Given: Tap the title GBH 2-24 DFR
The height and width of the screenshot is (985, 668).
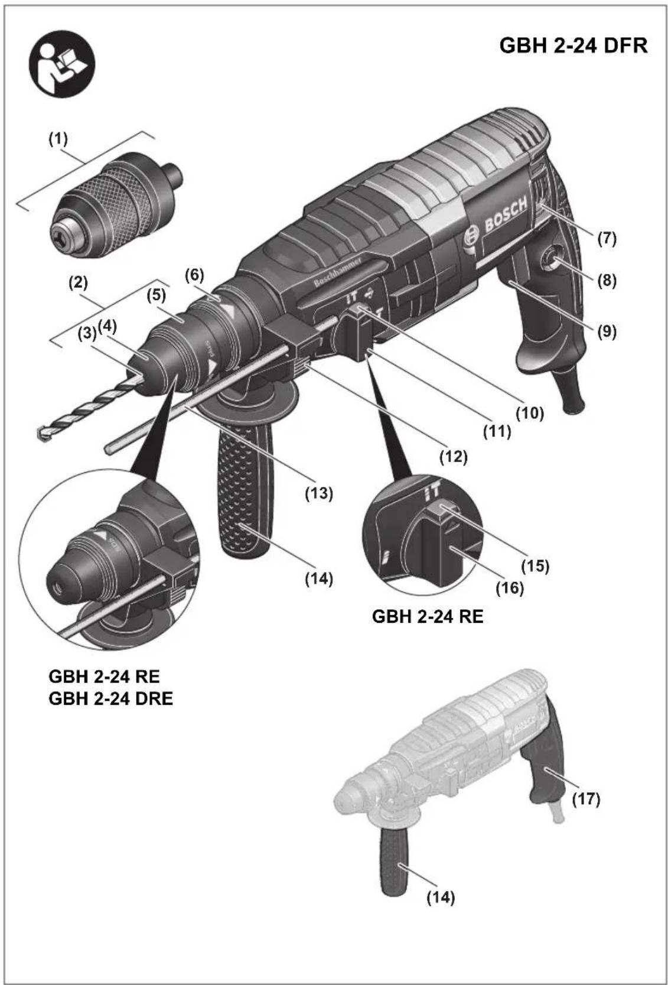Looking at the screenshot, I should pos(573,45).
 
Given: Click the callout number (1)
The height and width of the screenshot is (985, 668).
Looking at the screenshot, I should pos(58,139).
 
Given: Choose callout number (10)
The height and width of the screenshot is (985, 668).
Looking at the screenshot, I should pos(529,412).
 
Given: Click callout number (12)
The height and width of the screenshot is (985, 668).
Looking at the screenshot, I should pos(453,456).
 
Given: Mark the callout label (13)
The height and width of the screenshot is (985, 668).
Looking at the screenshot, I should pos(319,492).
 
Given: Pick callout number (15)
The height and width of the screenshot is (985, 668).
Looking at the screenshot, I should pos(535,565).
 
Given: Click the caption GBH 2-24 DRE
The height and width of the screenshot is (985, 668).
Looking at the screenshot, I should pos(110,698).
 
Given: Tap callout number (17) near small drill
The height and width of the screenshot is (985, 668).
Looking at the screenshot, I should pos(586,799).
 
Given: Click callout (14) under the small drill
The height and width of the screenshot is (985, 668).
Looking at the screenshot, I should pos(441,897).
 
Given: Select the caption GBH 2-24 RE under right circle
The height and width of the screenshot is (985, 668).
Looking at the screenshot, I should pos(427,616).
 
